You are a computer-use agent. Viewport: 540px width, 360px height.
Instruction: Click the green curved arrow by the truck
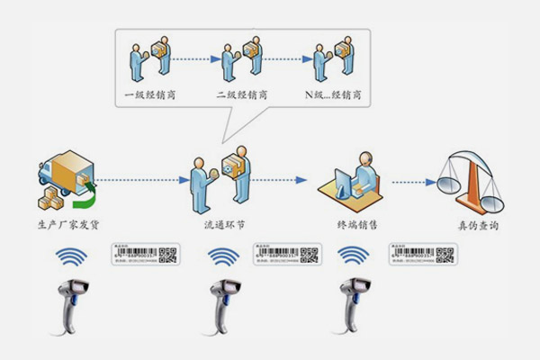[x=89, y=188]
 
